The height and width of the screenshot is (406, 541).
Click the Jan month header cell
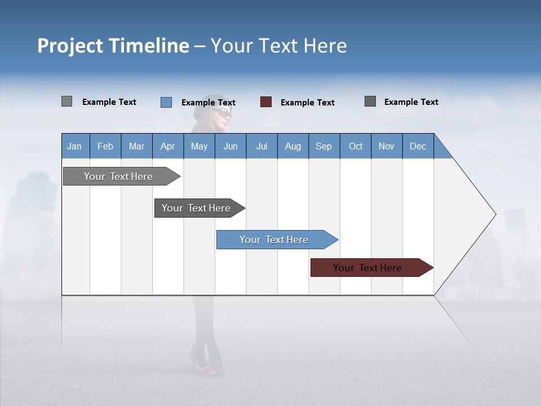pos(75,146)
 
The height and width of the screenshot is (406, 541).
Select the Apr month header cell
pos(168,146)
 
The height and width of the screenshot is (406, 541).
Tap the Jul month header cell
pos(261,146)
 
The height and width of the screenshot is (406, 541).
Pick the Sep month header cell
pos(324,146)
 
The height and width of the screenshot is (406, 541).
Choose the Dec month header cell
pos(418,146)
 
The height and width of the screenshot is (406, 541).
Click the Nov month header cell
pos(387,146)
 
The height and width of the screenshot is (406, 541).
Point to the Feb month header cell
pos(105,146)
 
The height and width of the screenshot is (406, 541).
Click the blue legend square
pos(166,102)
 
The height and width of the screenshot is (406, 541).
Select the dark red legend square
pos(266,102)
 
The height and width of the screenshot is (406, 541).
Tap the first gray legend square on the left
pos(66,101)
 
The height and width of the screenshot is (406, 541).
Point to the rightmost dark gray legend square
pos(370,101)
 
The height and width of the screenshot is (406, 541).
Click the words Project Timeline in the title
pos(113,46)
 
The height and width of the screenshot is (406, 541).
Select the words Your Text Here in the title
pos(278,46)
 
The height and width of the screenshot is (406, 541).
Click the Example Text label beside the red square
pos(307,103)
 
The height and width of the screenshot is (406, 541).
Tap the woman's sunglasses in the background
pos(221,113)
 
